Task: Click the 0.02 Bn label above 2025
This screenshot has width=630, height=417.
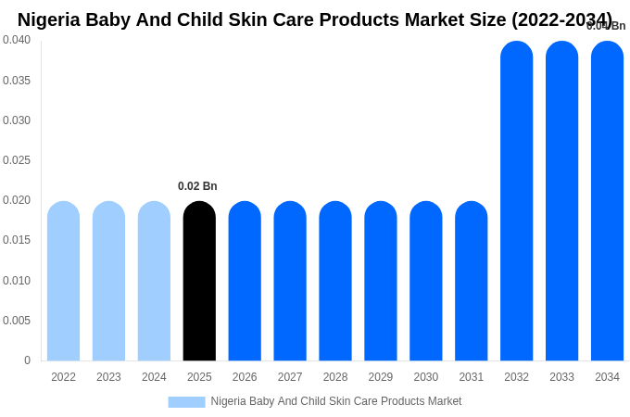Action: tap(197, 186)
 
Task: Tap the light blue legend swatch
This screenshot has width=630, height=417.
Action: tap(186, 402)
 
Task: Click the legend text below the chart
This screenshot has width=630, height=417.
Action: tap(335, 401)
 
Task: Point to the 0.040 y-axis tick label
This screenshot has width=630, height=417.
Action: tap(17, 40)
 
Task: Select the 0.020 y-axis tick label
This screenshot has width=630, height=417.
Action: tap(17, 200)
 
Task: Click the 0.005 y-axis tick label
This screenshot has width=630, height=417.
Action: tap(17, 321)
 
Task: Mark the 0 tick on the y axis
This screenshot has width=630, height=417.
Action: tap(27, 360)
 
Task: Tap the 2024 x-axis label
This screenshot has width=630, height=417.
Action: tap(154, 377)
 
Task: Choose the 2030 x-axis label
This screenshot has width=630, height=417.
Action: tap(426, 377)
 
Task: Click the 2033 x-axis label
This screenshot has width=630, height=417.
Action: tap(561, 377)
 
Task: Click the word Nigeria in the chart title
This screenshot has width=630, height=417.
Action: tap(48, 19)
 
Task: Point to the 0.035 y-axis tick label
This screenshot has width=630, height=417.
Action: tap(17, 81)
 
